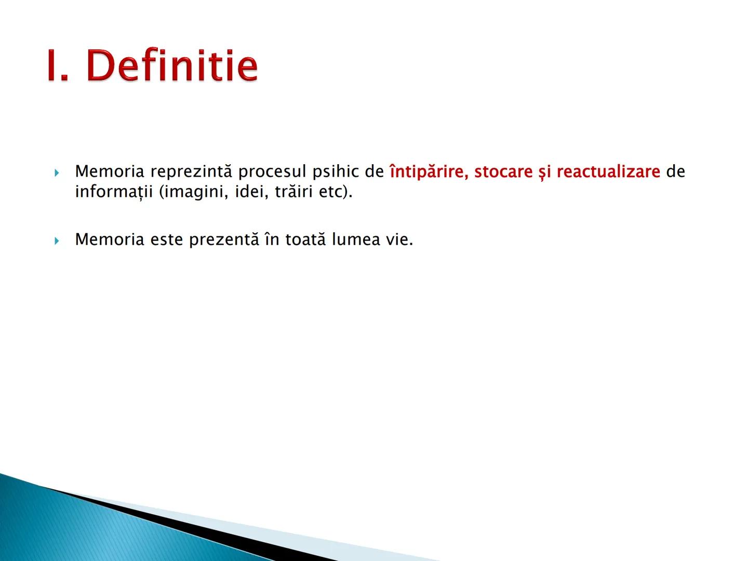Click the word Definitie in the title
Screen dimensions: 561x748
pyautogui.click(x=172, y=66)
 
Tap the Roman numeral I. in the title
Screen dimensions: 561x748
pyautogui.click(x=58, y=66)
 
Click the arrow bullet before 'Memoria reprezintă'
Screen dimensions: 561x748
pyautogui.click(x=57, y=172)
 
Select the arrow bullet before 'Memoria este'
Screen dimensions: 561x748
pyautogui.click(x=57, y=241)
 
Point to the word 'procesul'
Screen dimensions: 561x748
pyautogui.click(x=272, y=171)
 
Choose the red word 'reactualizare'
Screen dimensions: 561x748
pyautogui.click(x=608, y=171)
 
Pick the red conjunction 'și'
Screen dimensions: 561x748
pyautogui.click(x=544, y=172)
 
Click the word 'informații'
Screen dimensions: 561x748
pyautogui.click(x=114, y=192)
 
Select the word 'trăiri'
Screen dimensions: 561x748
pyautogui.click(x=294, y=192)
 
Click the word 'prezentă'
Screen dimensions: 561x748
pyautogui.click(x=223, y=239)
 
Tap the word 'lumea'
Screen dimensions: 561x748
pyautogui.click(x=356, y=239)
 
